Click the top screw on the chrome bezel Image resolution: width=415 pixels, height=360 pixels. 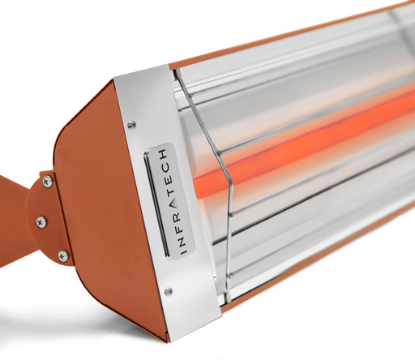click(132, 124)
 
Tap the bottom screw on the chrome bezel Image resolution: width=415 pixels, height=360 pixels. click(168, 291)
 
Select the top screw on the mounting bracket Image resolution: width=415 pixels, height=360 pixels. click(47, 182)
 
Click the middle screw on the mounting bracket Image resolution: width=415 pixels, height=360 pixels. click(41, 221)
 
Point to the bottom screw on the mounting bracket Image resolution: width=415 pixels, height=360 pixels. click(62, 256)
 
